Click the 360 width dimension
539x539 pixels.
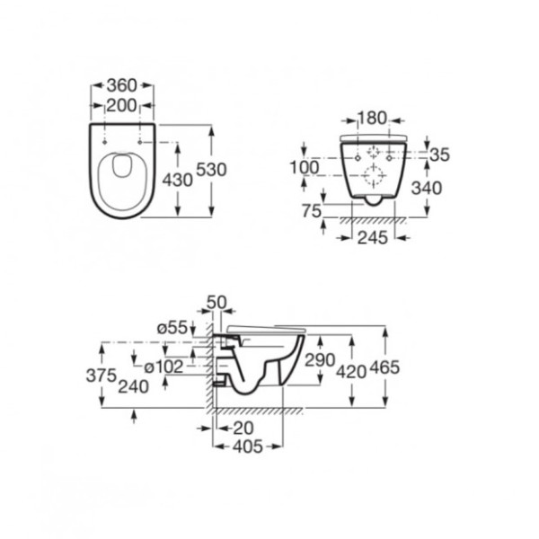(x=121, y=85)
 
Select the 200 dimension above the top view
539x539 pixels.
(x=121, y=105)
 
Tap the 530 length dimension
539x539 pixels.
(x=211, y=170)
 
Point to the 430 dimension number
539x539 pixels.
(x=177, y=181)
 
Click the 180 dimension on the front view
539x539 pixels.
(x=372, y=119)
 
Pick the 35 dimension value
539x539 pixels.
(x=439, y=155)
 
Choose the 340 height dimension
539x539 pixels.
(x=427, y=189)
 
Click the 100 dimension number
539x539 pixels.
(x=305, y=168)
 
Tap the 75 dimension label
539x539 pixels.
(x=312, y=211)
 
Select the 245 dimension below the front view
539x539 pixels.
(x=373, y=238)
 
